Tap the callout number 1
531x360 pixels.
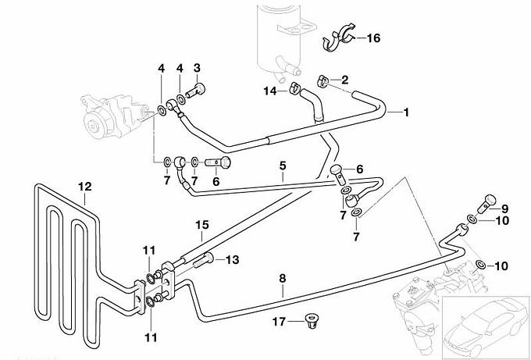[x=407, y=112]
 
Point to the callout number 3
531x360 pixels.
[x=198, y=67]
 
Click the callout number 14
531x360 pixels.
[x=269, y=91]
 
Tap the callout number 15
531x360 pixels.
[x=201, y=225]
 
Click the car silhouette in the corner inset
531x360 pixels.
[x=483, y=329]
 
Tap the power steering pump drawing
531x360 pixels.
[x=109, y=113]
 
